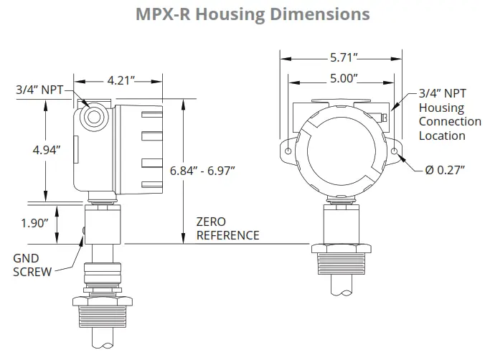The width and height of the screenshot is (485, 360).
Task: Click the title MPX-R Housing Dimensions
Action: coord(242,14)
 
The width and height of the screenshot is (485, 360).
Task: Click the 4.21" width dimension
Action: coord(121,80)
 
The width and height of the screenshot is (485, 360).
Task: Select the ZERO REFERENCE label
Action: coord(227,229)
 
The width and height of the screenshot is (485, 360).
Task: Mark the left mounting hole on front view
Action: coord(288,151)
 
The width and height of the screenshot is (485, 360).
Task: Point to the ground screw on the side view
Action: coord(84,230)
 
